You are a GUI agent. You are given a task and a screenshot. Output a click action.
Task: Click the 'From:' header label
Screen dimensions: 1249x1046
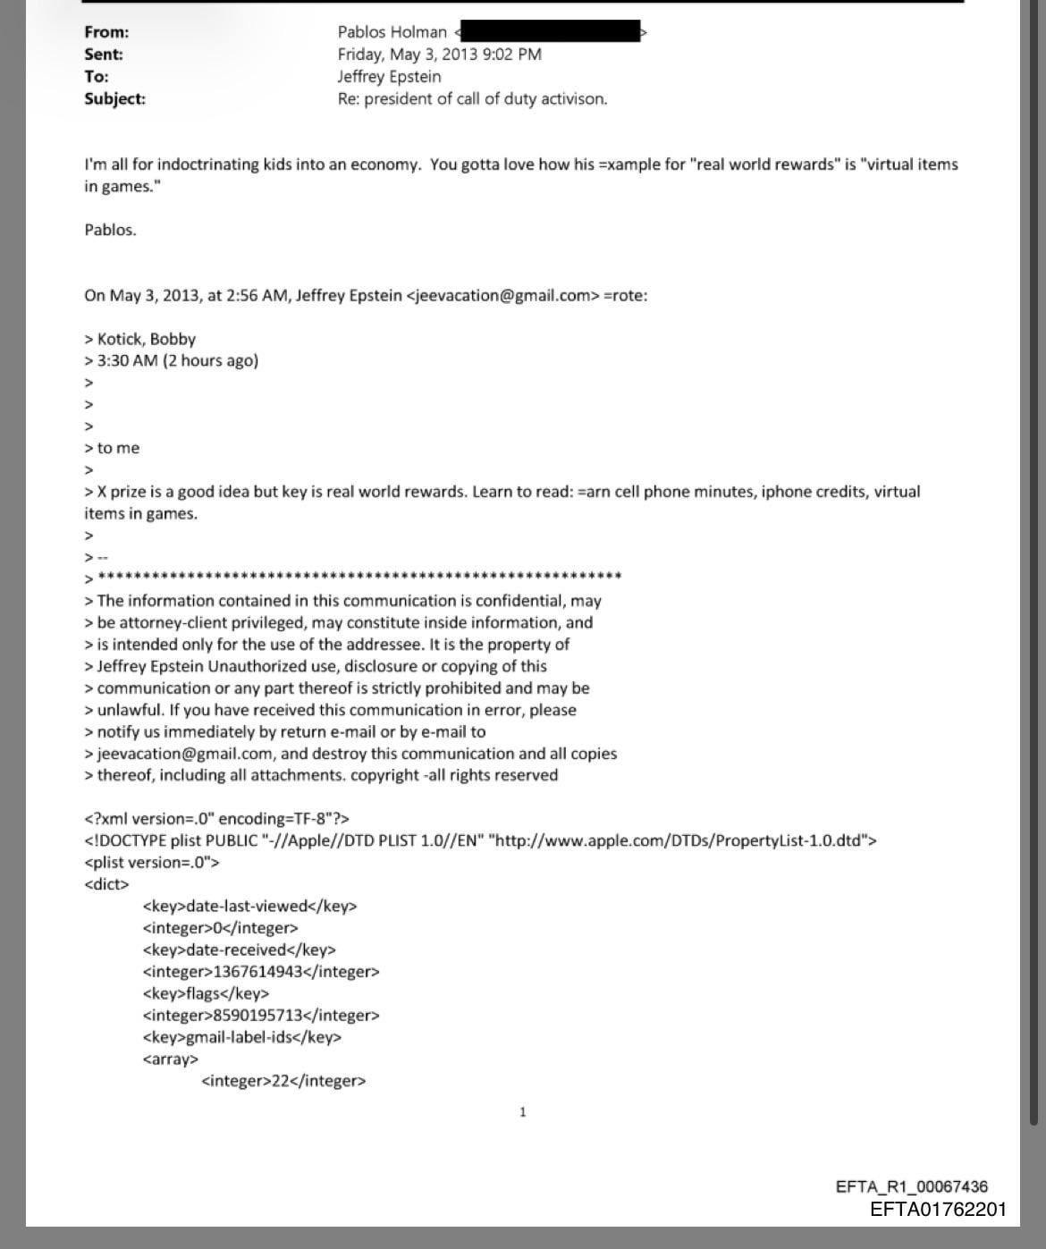pyautogui.click(x=106, y=32)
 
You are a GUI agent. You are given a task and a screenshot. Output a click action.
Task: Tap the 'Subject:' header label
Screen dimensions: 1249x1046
pyautogui.click(x=114, y=98)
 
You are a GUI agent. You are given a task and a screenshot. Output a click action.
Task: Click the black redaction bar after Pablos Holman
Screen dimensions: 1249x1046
pyautogui.click(x=550, y=31)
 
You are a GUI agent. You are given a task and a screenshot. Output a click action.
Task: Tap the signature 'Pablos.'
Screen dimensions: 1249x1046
pyautogui.click(x=110, y=230)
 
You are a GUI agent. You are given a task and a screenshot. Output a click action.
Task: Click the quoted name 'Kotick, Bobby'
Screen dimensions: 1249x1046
pyautogui.click(x=146, y=339)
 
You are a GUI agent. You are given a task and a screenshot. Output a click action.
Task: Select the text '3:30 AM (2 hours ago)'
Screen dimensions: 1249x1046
pyautogui.click(x=177, y=360)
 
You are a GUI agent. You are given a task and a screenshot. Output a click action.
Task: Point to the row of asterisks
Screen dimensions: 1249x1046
pyautogui.click(x=359, y=577)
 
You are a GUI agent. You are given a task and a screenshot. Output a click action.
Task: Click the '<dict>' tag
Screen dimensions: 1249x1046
pyautogui.click(x=106, y=884)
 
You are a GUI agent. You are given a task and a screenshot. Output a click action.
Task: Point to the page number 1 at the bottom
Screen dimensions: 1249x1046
pyautogui.click(x=523, y=1112)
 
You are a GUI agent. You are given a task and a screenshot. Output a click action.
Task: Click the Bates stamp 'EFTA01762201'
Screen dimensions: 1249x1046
pyautogui.click(x=938, y=1210)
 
